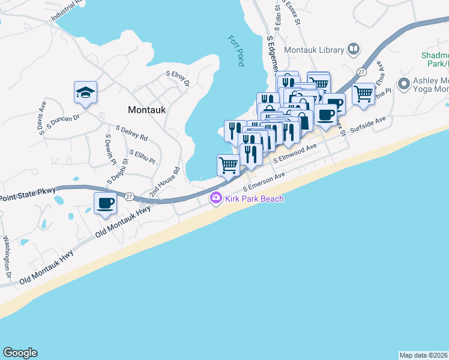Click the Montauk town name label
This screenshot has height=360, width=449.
click(146, 110)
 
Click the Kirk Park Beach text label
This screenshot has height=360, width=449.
click(253, 199)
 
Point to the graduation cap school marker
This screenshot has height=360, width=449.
click(85, 93)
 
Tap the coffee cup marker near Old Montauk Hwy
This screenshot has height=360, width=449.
click(105, 203)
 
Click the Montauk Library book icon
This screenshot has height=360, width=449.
click(354, 49)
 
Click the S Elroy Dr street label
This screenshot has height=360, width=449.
click(178, 79)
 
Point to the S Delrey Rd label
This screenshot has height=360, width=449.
click(132, 133)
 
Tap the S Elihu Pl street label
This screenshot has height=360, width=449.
click(142, 157)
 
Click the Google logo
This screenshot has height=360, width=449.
click(20, 353)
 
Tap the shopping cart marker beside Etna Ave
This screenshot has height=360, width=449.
click(363, 93)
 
